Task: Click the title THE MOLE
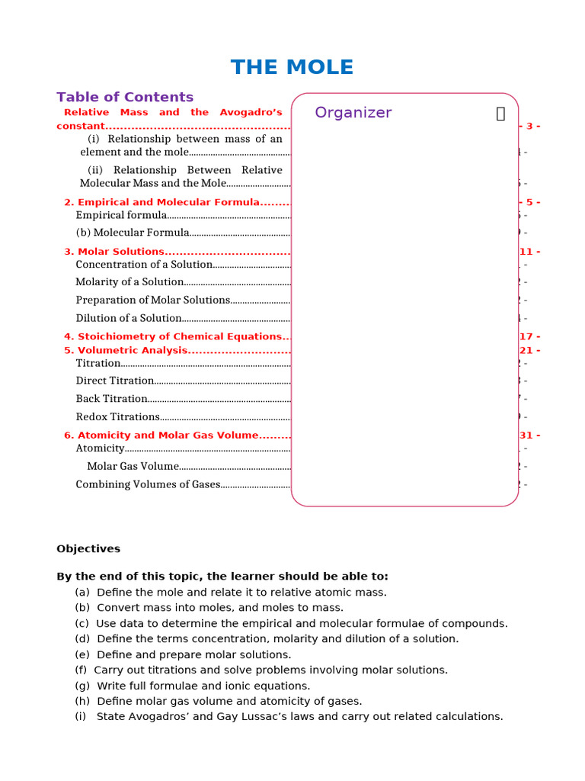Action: [292, 67]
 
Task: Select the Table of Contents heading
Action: [125, 97]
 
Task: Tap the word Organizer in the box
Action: [353, 113]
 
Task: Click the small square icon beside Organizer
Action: [500, 114]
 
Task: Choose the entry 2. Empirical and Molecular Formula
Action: [161, 202]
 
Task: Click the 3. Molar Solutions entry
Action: [114, 252]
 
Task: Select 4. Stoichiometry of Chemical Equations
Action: [173, 336]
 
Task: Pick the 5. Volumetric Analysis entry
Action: [126, 350]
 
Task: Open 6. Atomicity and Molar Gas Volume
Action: [161, 435]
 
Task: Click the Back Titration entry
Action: [111, 399]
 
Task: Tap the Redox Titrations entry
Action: [117, 417]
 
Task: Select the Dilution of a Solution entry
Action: [129, 318]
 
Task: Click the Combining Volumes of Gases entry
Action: [148, 484]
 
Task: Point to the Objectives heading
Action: [88, 548]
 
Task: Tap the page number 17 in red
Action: [529, 336]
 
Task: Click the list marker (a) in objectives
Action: [82, 592]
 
